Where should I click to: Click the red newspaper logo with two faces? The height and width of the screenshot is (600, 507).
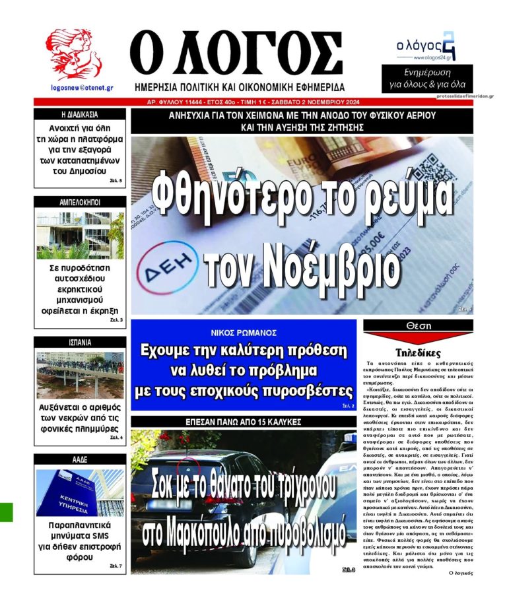pos(73,55)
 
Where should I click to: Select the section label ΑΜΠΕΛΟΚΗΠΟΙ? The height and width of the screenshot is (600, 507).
pos(80,202)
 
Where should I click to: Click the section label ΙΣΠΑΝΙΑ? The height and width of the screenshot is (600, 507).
pos(80,343)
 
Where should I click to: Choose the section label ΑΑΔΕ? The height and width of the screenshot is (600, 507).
pos(80,459)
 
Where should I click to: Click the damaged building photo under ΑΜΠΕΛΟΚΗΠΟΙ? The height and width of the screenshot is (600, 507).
pos(80,235)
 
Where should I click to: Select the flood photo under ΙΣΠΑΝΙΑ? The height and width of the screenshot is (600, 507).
pos(80,375)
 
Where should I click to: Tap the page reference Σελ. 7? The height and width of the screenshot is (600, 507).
pos(115,566)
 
